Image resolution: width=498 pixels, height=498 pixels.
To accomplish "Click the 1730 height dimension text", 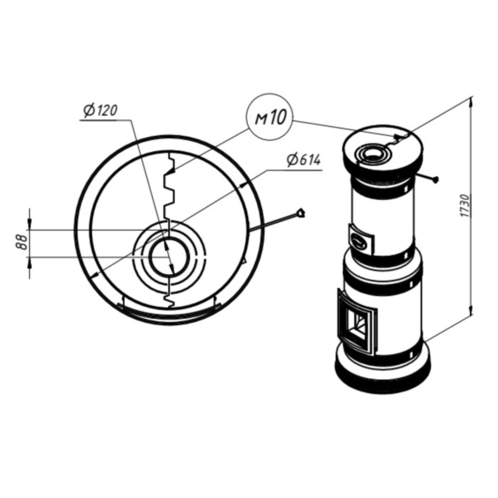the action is [x=466, y=206].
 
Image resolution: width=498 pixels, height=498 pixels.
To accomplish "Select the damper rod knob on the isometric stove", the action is [x=436, y=179].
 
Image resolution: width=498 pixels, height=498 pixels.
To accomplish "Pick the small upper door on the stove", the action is [x=361, y=240].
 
